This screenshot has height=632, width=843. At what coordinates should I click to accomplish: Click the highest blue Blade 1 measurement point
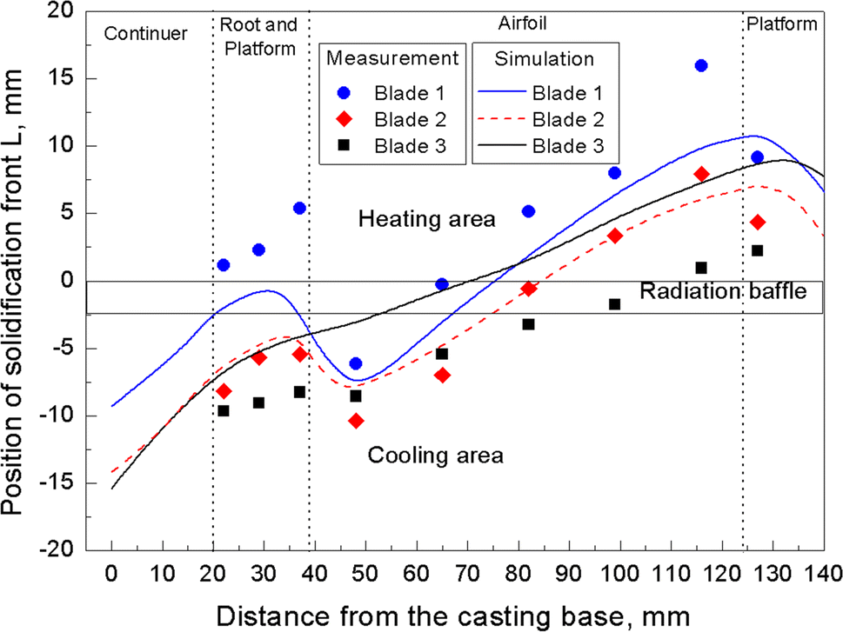(x=701, y=66)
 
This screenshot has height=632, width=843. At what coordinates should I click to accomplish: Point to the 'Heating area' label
(x=427, y=219)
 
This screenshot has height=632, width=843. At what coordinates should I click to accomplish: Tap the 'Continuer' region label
(x=145, y=34)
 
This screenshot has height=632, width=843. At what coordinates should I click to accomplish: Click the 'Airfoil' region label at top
(x=524, y=21)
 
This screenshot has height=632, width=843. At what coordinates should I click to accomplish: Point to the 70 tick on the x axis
(x=467, y=573)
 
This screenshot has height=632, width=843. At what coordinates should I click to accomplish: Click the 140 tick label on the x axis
(x=822, y=573)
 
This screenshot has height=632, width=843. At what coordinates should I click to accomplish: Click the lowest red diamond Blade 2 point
(x=356, y=421)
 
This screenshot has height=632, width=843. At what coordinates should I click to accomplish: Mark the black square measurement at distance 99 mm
(x=614, y=304)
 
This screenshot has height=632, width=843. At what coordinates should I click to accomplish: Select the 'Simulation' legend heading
(x=545, y=59)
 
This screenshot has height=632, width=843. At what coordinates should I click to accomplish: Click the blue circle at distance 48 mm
(x=356, y=363)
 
